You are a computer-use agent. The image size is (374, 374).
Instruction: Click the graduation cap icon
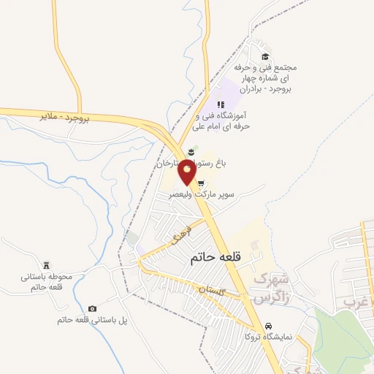[264, 57]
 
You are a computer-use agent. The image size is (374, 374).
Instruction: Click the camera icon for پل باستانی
[91, 309]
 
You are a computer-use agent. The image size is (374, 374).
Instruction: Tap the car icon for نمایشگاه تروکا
[268, 326]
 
